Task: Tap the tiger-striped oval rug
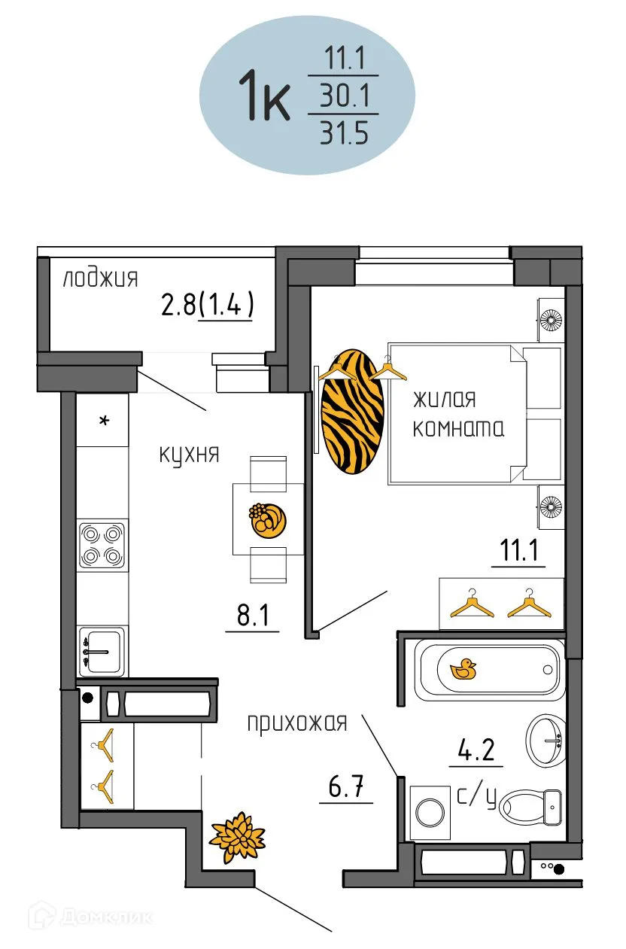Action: [x=351, y=412]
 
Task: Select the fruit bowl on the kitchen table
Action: [x=268, y=520]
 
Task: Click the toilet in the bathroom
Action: [x=531, y=805]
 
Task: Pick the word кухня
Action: [x=189, y=455]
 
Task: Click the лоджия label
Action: [x=100, y=279]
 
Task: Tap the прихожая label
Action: [x=297, y=723]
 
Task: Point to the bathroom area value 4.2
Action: [x=476, y=751]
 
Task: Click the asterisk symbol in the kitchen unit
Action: [x=104, y=421]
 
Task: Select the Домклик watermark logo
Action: [x=90, y=916]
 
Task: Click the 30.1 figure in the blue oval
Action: [x=343, y=96]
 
